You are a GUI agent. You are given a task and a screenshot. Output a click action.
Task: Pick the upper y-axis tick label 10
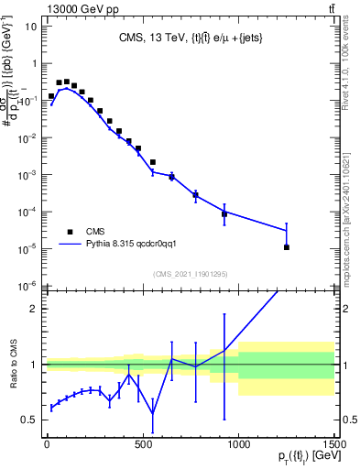(x=30, y=27)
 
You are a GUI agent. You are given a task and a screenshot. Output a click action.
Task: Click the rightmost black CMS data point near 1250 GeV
(x=286, y=247)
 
